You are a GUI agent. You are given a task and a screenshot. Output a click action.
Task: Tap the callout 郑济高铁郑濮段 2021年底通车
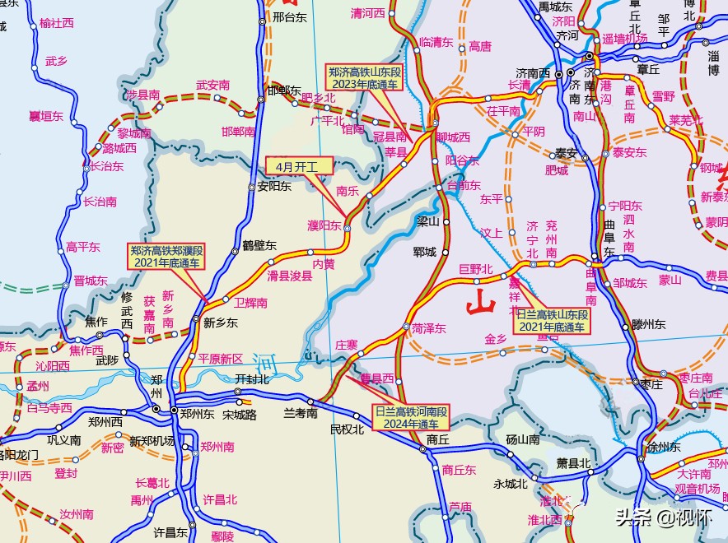tap(167, 256)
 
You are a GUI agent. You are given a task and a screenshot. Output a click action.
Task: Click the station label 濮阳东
tap(324, 225)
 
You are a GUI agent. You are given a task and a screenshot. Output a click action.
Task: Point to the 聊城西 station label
tap(453, 137)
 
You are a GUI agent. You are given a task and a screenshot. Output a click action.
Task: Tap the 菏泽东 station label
tap(428, 328)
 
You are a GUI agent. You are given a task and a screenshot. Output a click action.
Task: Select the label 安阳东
tap(275, 186)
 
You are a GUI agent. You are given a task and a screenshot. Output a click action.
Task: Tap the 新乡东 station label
tap(220, 323)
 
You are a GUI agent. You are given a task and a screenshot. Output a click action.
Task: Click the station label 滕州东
tap(648, 324)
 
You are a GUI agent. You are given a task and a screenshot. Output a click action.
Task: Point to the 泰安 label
tap(566, 153)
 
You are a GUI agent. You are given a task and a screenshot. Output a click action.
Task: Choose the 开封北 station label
tap(252, 378)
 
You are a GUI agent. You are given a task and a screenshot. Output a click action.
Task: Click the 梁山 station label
tap(428, 220)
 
